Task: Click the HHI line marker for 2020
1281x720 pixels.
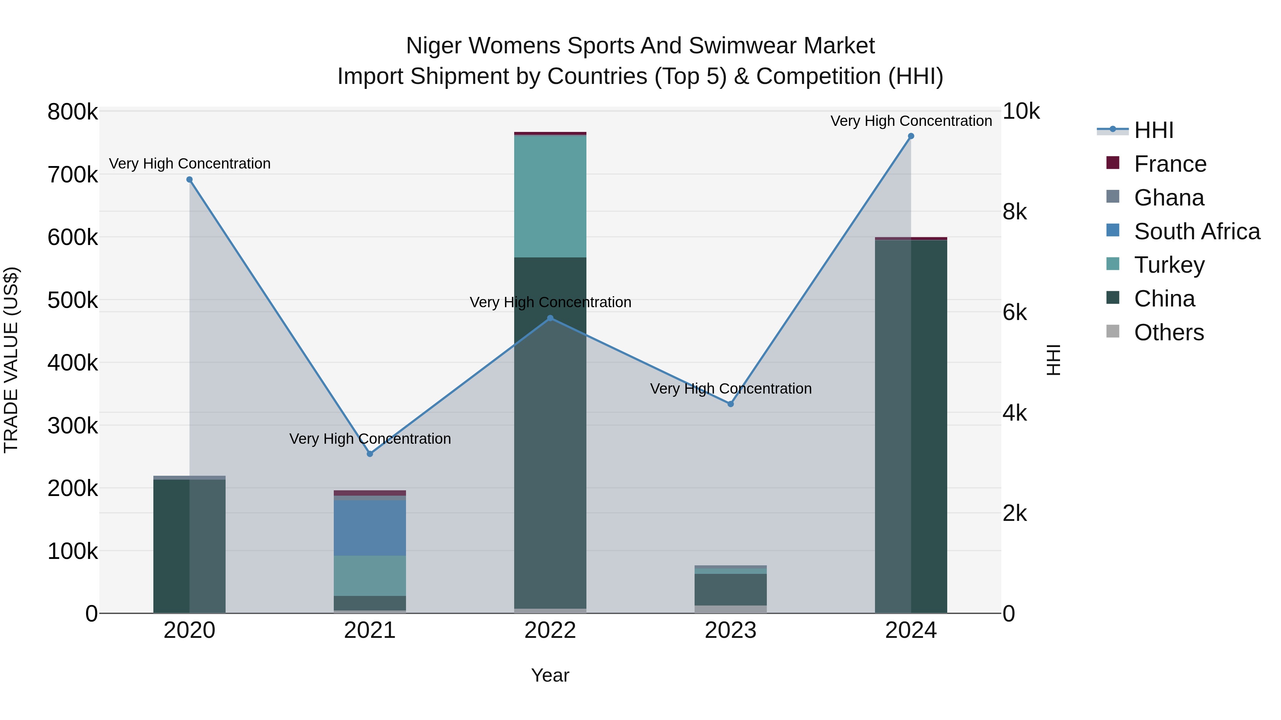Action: point(189,180)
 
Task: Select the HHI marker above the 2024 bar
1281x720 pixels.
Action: point(911,136)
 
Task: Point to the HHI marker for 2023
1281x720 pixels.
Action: point(731,404)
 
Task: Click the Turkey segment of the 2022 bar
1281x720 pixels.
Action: point(550,196)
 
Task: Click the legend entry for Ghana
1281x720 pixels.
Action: point(1168,198)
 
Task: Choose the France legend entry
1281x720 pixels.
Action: point(1169,164)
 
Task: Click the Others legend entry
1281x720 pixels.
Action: point(1168,332)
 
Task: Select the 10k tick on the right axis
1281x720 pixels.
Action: point(1021,111)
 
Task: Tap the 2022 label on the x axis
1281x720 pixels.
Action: point(550,630)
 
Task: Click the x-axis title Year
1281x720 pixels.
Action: point(550,675)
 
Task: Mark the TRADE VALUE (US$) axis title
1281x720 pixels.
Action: point(11,360)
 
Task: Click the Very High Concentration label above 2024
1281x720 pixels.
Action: point(911,121)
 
